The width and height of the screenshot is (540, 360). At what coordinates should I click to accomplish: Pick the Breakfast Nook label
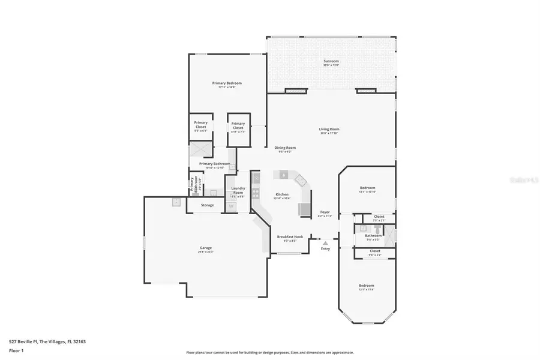pos(290,238)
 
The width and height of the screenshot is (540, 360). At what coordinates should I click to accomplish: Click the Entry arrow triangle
pos(325,242)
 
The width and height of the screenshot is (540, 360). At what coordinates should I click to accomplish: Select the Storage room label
pos(207,205)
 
